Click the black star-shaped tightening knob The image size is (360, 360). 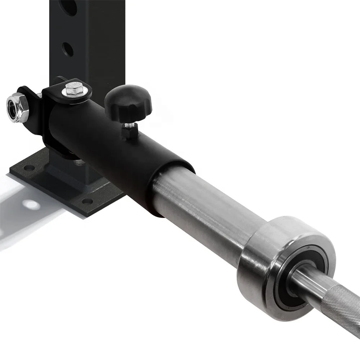click(128, 101)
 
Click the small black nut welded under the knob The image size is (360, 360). click(129, 134)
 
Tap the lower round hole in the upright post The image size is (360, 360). click(67, 49)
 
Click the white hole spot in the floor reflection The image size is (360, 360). click(31, 205)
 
